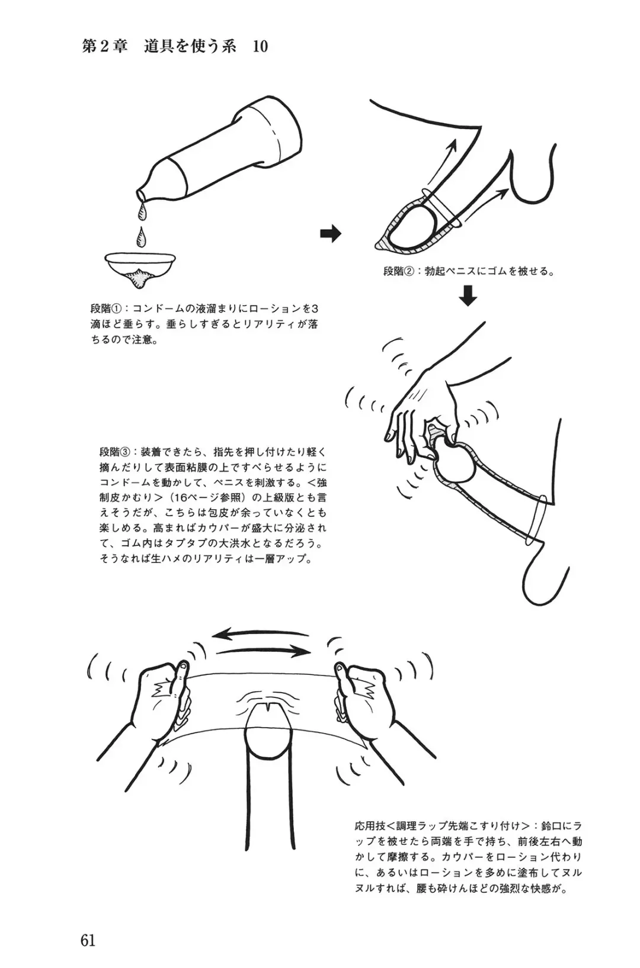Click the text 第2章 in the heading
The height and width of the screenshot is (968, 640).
(105, 46)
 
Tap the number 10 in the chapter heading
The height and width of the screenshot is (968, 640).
(260, 47)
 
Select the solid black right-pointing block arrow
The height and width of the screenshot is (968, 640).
(331, 234)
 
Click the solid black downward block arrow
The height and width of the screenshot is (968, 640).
(468, 295)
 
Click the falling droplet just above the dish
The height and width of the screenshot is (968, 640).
(140, 236)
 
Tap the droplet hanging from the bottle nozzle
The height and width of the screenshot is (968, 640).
(142, 211)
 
